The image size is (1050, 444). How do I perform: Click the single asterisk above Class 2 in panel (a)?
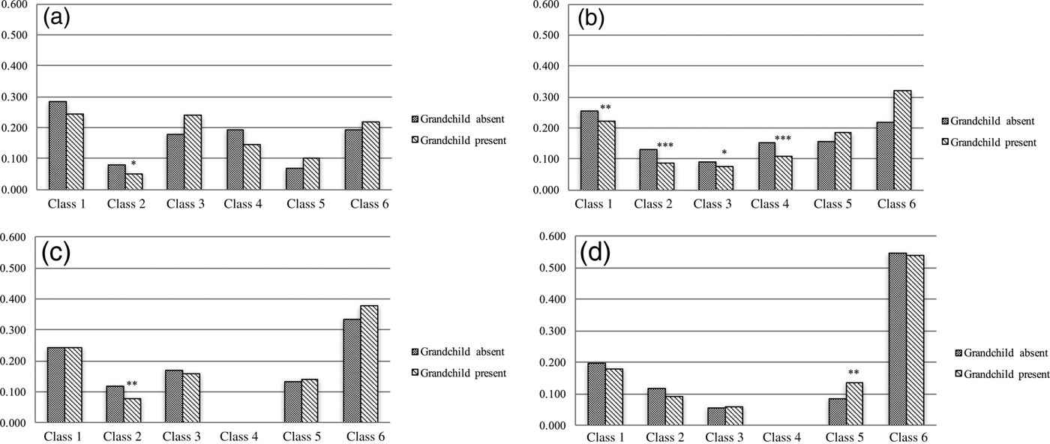click(133, 163)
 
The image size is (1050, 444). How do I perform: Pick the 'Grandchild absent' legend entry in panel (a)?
click(457, 119)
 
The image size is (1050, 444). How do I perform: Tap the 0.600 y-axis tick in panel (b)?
click(547, 5)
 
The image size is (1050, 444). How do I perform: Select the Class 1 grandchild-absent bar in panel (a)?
click(56, 145)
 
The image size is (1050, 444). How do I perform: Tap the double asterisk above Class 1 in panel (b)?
click(605, 108)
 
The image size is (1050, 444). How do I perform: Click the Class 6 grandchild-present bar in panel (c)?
click(369, 364)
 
